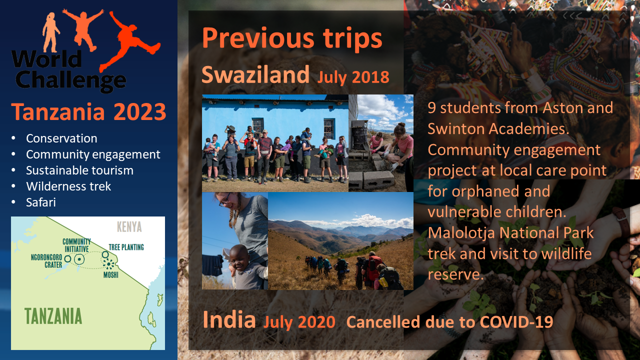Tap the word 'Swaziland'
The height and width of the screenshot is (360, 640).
click(x=255, y=74)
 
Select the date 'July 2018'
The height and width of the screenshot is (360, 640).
click(x=353, y=77)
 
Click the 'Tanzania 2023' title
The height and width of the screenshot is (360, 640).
click(x=88, y=111)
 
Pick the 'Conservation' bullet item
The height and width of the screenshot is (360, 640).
click(x=61, y=138)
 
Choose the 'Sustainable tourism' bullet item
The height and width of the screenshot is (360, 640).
click(x=79, y=170)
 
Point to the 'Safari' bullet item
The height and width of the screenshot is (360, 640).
click(x=41, y=202)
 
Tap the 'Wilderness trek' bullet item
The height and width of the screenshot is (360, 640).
click(x=68, y=186)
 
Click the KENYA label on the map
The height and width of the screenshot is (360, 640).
click(x=129, y=227)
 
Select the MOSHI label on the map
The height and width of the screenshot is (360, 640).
click(x=111, y=275)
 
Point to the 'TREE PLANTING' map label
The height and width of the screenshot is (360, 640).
click(x=126, y=247)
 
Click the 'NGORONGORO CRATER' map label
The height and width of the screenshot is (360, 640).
click(x=46, y=261)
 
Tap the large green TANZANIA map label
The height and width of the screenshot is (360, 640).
click(x=53, y=316)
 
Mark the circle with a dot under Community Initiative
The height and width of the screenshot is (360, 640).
click(x=79, y=259)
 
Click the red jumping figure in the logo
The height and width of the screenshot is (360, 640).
click(x=130, y=41)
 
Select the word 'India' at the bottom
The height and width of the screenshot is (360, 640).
click(x=229, y=319)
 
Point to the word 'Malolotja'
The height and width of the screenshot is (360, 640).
click(x=461, y=233)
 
